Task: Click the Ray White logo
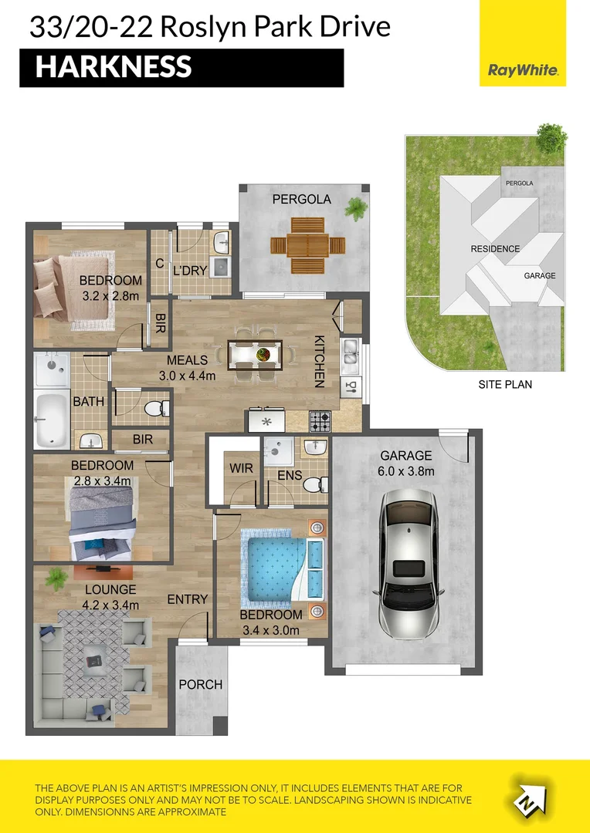(x=523, y=70)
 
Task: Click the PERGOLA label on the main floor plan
(x=302, y=199)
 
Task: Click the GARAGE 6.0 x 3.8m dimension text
(x=406, y=464)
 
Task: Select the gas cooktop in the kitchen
(x=320, y=421)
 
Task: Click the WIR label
(x=241, y=469)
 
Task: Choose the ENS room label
(x=290, y=475)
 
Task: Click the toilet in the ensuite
(x=318, y=484)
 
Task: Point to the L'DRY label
(x=190, y=271)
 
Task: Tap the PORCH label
(x=201, y=685)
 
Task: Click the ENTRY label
(x=187, y=599)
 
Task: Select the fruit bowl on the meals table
(x=262, y=354)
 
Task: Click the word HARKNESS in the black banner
(x=114, y=67)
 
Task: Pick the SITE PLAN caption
(x=505, y=384)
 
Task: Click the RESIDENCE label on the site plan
(x=495, y=248)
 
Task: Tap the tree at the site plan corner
(x=551, y=137)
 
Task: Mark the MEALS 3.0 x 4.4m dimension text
(x=187, y=368)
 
